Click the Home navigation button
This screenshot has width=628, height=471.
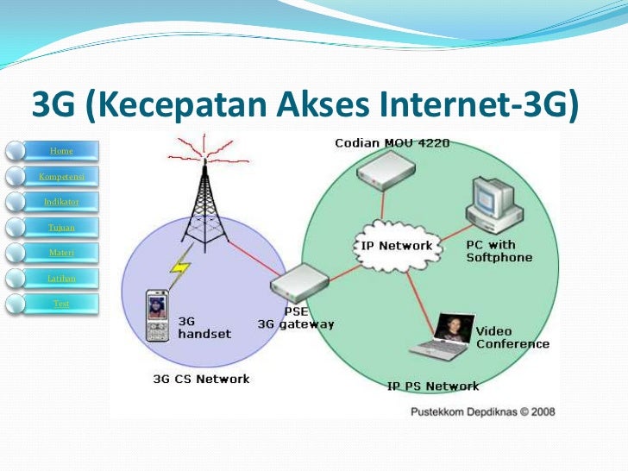point(61,151)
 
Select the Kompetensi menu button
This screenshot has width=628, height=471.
point(61,176)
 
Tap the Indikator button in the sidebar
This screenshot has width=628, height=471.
point(61,201)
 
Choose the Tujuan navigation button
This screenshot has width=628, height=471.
point(61,227)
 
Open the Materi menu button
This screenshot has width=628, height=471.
point(61,252)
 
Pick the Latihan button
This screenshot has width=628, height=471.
point(61,278)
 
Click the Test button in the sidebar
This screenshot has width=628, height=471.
point(61,303)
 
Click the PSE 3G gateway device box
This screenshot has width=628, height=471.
point(299,281)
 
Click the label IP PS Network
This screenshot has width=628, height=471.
point(432,386)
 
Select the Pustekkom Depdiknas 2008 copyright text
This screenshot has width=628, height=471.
point(481,411)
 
